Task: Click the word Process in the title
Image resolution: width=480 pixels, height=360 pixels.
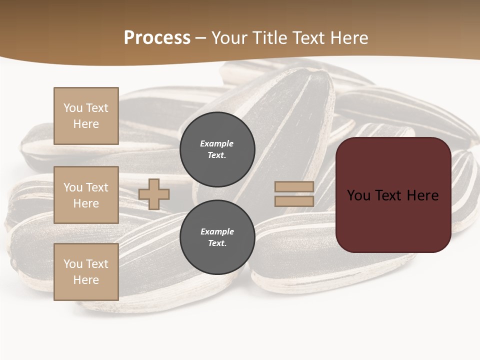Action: [x=157, y=38]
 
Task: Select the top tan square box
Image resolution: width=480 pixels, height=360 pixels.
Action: [x=86, y=116]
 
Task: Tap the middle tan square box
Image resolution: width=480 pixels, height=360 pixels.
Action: [x=86, y=195]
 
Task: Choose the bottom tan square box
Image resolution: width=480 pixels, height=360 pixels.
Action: [x=86, y=272]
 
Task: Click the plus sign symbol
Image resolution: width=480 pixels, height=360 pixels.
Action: [x=154, y=194]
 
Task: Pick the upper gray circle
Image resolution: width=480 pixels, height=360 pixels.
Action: [x=217, y=149]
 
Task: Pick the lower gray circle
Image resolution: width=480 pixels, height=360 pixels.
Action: [x=217, y=237]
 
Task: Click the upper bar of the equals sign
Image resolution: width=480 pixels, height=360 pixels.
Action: [x=294, y=186]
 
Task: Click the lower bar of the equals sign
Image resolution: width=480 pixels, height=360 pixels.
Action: [x=294, y=201]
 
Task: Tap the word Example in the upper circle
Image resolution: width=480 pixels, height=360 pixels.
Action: [x=216, y=143]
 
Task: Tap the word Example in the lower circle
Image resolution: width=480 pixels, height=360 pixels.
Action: [x=216, y=231]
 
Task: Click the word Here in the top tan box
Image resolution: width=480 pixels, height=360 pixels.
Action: [x=86, y=124]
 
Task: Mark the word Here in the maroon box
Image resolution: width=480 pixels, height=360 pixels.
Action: [x=422, y=195]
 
